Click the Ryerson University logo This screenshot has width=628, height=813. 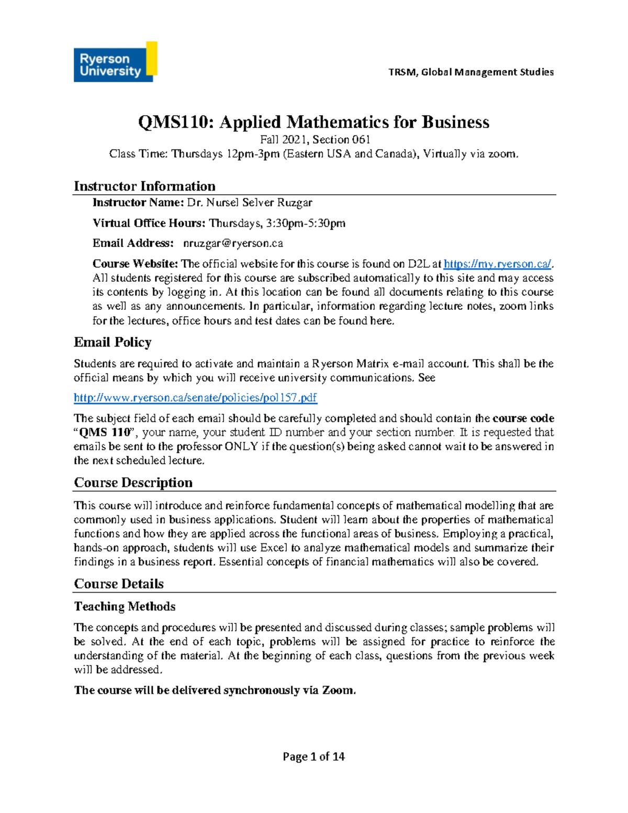point(115,62)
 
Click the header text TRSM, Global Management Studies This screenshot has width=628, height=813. point(470,72)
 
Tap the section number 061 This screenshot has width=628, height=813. point(361,140)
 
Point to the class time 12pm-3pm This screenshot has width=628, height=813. point(253,154)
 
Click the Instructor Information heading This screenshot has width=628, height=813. point(144,186)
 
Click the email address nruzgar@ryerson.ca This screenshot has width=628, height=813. point(233,243)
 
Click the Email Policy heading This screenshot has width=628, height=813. point(113,342)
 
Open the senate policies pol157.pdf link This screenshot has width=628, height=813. point(195,398)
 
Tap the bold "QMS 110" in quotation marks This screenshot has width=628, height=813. point(105,432)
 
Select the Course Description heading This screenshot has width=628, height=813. point(133,483)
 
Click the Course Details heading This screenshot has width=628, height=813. point(119,584)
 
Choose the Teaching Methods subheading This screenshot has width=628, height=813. point(125,607)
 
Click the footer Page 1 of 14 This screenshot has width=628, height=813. point(313,756)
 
